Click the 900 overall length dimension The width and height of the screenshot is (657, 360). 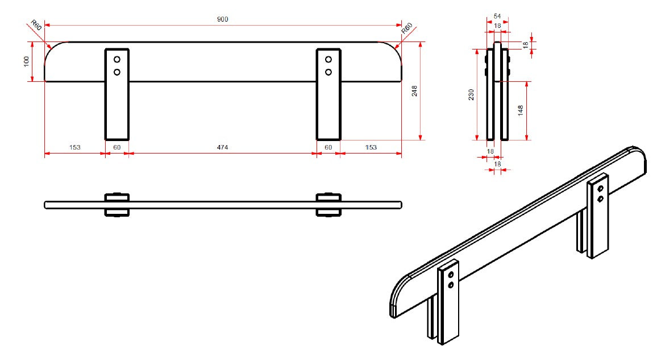(x=222, y=19)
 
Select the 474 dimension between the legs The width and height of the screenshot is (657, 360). (x=222, y=147)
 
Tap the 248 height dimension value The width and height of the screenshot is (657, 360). (x=414, y=91)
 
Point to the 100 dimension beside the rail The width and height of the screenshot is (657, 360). (x=27, y=61)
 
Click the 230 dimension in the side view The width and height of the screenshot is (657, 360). (x=471, y=94)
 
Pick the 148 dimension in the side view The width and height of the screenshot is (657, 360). (x=521, y=111)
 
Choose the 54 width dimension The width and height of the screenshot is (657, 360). (x=497, y=16)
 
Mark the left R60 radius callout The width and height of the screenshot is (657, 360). (x=36, y=25)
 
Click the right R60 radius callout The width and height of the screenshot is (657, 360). (x=407, y=28)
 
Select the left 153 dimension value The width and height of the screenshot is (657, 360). (x=74, y=147)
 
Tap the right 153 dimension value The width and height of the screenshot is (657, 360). (x=371, y=147)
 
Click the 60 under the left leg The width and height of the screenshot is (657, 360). (x=117, y=147)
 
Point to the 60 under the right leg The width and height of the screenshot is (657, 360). (x=328, y=147)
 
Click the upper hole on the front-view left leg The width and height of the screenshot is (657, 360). (x=117, y=60)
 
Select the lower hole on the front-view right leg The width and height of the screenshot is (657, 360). (x=328, y=72)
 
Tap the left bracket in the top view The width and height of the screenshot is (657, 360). (x=117, y=205)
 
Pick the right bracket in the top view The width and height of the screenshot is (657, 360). (x=328, y=205)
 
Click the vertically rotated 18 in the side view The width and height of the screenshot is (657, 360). (x=526, y=45)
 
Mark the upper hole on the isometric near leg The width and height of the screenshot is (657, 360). (x=451, y=275)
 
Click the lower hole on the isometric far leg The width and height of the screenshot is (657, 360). (x=600, y=198)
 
